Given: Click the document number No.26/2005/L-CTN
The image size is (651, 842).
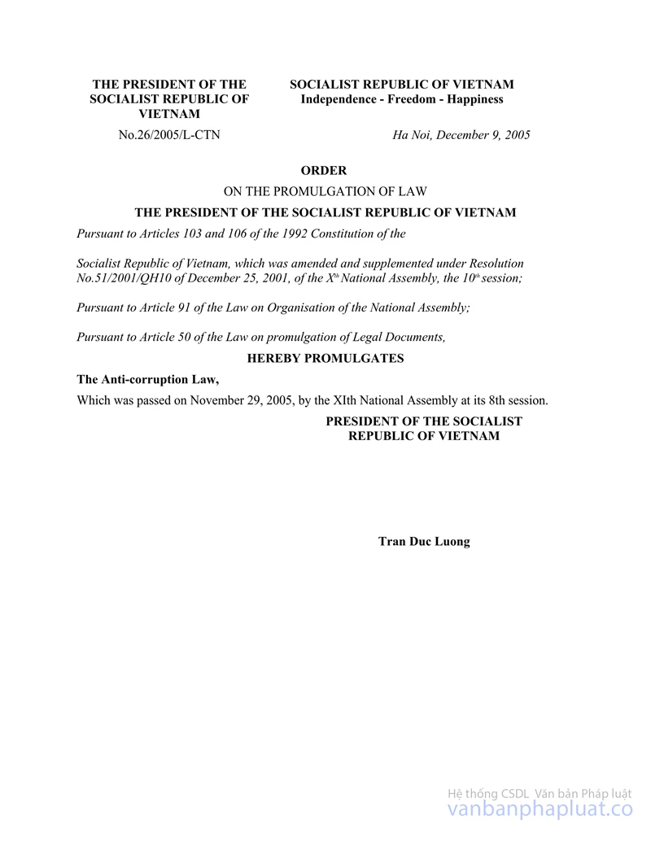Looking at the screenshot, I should coord(169,135).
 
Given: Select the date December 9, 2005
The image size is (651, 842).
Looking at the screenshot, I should coord(483,135).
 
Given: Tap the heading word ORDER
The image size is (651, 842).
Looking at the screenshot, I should coord(324,171).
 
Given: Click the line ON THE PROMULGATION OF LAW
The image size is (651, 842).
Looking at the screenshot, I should coord(325,192).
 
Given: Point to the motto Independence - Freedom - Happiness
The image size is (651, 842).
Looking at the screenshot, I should coord(402,99).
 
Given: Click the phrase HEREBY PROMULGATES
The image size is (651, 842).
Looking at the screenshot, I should coord(325,358).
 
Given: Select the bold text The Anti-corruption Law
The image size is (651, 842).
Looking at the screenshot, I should coord(148,379).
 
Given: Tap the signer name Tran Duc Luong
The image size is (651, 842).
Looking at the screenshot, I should coord(424,541).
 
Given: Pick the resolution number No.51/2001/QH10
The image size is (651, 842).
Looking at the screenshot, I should coord(120,278).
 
